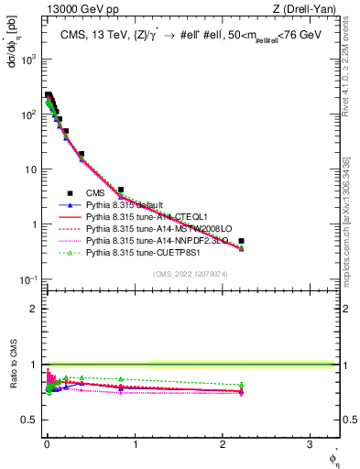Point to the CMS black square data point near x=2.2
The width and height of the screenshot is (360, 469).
241,241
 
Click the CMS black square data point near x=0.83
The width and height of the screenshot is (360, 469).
120,190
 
